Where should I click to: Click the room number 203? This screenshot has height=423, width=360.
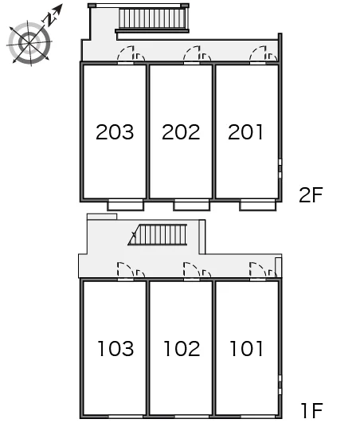[x=115, y=132]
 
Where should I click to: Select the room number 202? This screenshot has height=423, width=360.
[x=181, y=132]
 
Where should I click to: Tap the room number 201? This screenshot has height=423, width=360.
[x=245, y=132]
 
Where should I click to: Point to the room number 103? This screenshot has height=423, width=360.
[x=115, y=348]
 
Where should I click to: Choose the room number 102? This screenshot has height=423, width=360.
[x=182, y=348]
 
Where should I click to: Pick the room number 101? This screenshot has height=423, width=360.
[x=246, y=348]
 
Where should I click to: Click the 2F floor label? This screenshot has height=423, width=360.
[x=311, y=195]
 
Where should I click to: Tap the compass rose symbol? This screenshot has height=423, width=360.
[x=29, y=43]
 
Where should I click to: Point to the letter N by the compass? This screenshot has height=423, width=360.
[x=49, y=19]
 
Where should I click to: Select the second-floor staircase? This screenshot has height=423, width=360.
[x=152, y=18]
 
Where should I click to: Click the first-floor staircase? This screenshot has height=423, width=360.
[x=158, y=235]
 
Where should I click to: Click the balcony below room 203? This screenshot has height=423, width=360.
[x=125, y=206]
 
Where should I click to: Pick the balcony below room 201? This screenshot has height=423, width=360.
[x=258, y=206]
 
